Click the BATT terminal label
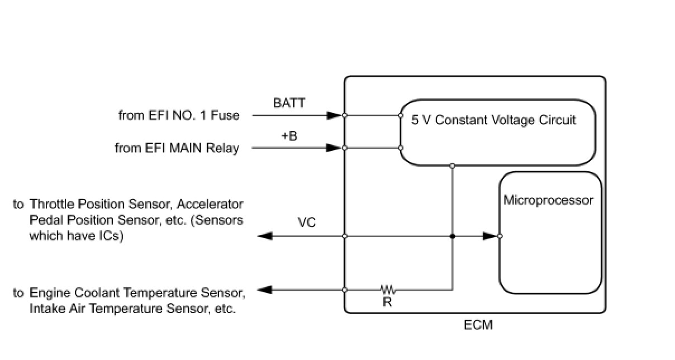click(289, 103)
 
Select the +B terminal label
click(289, 136)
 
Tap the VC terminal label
click(307, 222)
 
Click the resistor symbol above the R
click(388, 290)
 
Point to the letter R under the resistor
click(388, 302)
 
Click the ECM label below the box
click(478, 325)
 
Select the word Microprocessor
click(548, 201)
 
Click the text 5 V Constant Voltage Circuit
click(493, 120)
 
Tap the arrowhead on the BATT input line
click(334, 115)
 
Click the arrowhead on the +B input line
click(334, 148)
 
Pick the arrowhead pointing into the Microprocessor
click(490, 236)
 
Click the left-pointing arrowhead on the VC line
click(265, 236)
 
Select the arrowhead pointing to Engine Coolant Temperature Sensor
click(264, 290)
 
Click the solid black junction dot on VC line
click(452, 236)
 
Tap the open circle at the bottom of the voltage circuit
click(452, 166)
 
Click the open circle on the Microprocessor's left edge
click(500, 236)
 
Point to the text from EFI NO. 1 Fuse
click(179, 116)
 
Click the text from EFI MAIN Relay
click(177, 148)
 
